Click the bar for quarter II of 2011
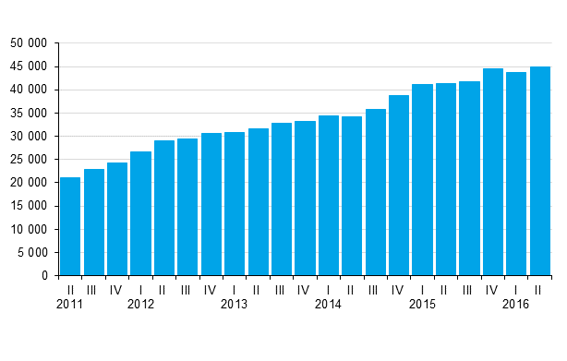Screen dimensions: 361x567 pyautogui.click(x=70, y=226)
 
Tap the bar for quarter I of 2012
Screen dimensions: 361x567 pyautogui.click(x=140, y=213)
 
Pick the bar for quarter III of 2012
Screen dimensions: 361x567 pyautogui.click(x=187, y=207)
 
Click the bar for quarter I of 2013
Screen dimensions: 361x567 pyautogui.click(x=235, y=204)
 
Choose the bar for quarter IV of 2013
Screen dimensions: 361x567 pyautogui.click(x=305, y=199)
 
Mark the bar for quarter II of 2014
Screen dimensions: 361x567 pyautogui.click(x=352, y=196)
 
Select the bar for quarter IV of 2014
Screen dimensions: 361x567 pyautogui.click(x=399, y=186)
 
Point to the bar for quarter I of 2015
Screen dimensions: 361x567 pyautogui.click(x=422, y=180)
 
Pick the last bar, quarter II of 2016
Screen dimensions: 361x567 pyautogui.click(x=539, y=171)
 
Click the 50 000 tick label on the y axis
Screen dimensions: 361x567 pyautogui.click(x=30, y=43)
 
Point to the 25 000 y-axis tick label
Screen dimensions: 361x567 pyautogui.click(x=30, y=160)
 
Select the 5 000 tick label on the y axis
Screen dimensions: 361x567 pyautogui.click(x=34, y=252)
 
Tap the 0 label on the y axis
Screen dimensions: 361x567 pyautogui.click(x=46, y=275)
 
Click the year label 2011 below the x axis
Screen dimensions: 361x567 pyautogui.click(x=70, y=304)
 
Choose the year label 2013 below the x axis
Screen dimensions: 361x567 pyautogui.click(x=235, y=304)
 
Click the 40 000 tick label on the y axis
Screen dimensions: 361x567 pyautogui.click(x=30, y=90)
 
